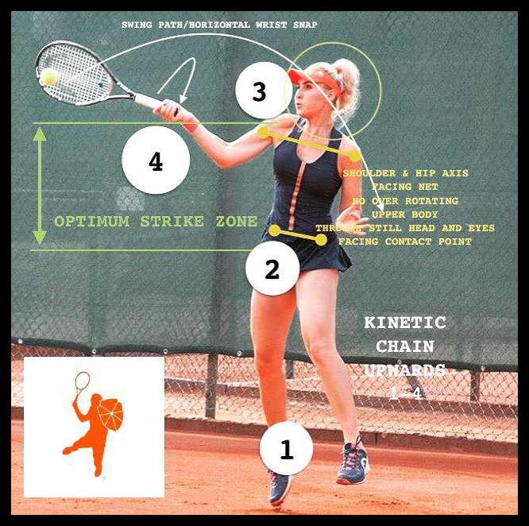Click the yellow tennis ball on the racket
pyautogui.click(x=50, y=77)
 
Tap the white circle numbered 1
pyautogui.click(x=286, y=449)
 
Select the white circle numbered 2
pyautogui.click(x=272, y=269)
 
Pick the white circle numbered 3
pyautogui.click(x=259, y=92)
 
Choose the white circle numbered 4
pyautogui.click(x=156, y=162)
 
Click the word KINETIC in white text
pyautogui.click(x=405, y=323)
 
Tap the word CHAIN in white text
pyautogui.click(x=405, y=347)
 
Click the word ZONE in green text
pyautogui.click(x=234, y=222)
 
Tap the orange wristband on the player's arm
pyautogui.click(x=189, y=124)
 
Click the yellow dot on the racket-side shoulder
pyautogui.click(x=263, y=132)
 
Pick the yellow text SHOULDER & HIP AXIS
pyautogui.click(x=405, y=172)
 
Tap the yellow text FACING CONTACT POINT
pyautogui.click(x=405, y=242)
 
